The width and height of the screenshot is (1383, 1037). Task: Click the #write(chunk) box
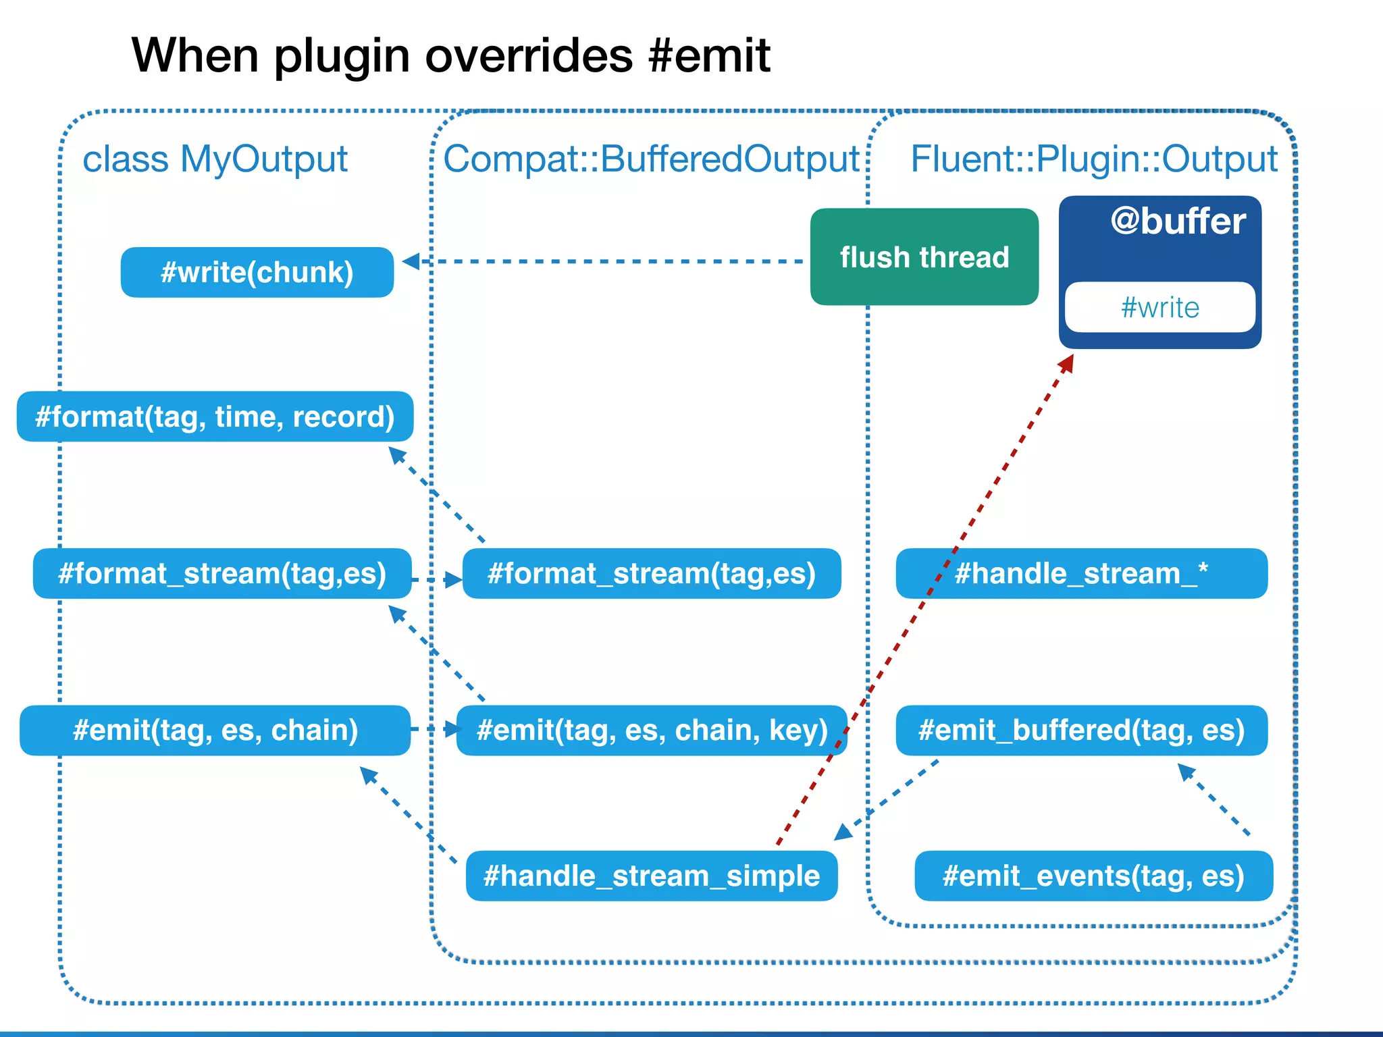click(x=257, y=272)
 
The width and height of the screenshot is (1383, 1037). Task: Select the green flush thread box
click(x=924, y=257)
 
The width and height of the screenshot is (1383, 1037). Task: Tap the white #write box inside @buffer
click(x=1159, y=307)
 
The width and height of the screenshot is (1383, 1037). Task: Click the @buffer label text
click(x=1178, y=222)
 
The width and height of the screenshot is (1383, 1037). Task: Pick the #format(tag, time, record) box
click(x=215, y=417)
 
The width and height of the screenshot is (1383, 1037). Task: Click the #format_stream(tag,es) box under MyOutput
click(x=222, y=573)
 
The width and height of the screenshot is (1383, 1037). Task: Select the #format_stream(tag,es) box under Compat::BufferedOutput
click(x=652, y=573)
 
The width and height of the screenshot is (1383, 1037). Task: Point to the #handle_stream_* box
click(x=1081, y=573)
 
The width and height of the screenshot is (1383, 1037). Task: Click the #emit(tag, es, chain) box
click(x=215, y=730)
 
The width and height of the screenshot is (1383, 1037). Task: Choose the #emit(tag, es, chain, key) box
click(x=652, y=730)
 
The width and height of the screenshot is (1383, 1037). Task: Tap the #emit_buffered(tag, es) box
click(x=1081, y=730)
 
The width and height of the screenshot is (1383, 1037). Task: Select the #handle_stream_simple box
click(x=652, y=876)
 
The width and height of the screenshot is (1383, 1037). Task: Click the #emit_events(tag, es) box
click(x=1093, y=876)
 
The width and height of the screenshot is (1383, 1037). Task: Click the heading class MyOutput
click(x=215, y=159)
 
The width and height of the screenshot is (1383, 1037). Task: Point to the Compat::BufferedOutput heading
click(x=651, y=159)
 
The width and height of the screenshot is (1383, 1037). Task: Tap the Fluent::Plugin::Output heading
click(x=1094, y=159)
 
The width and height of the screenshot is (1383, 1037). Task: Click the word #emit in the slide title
click(x=708, y=55)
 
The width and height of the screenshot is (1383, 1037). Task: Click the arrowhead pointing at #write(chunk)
click(x=411, y=261)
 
